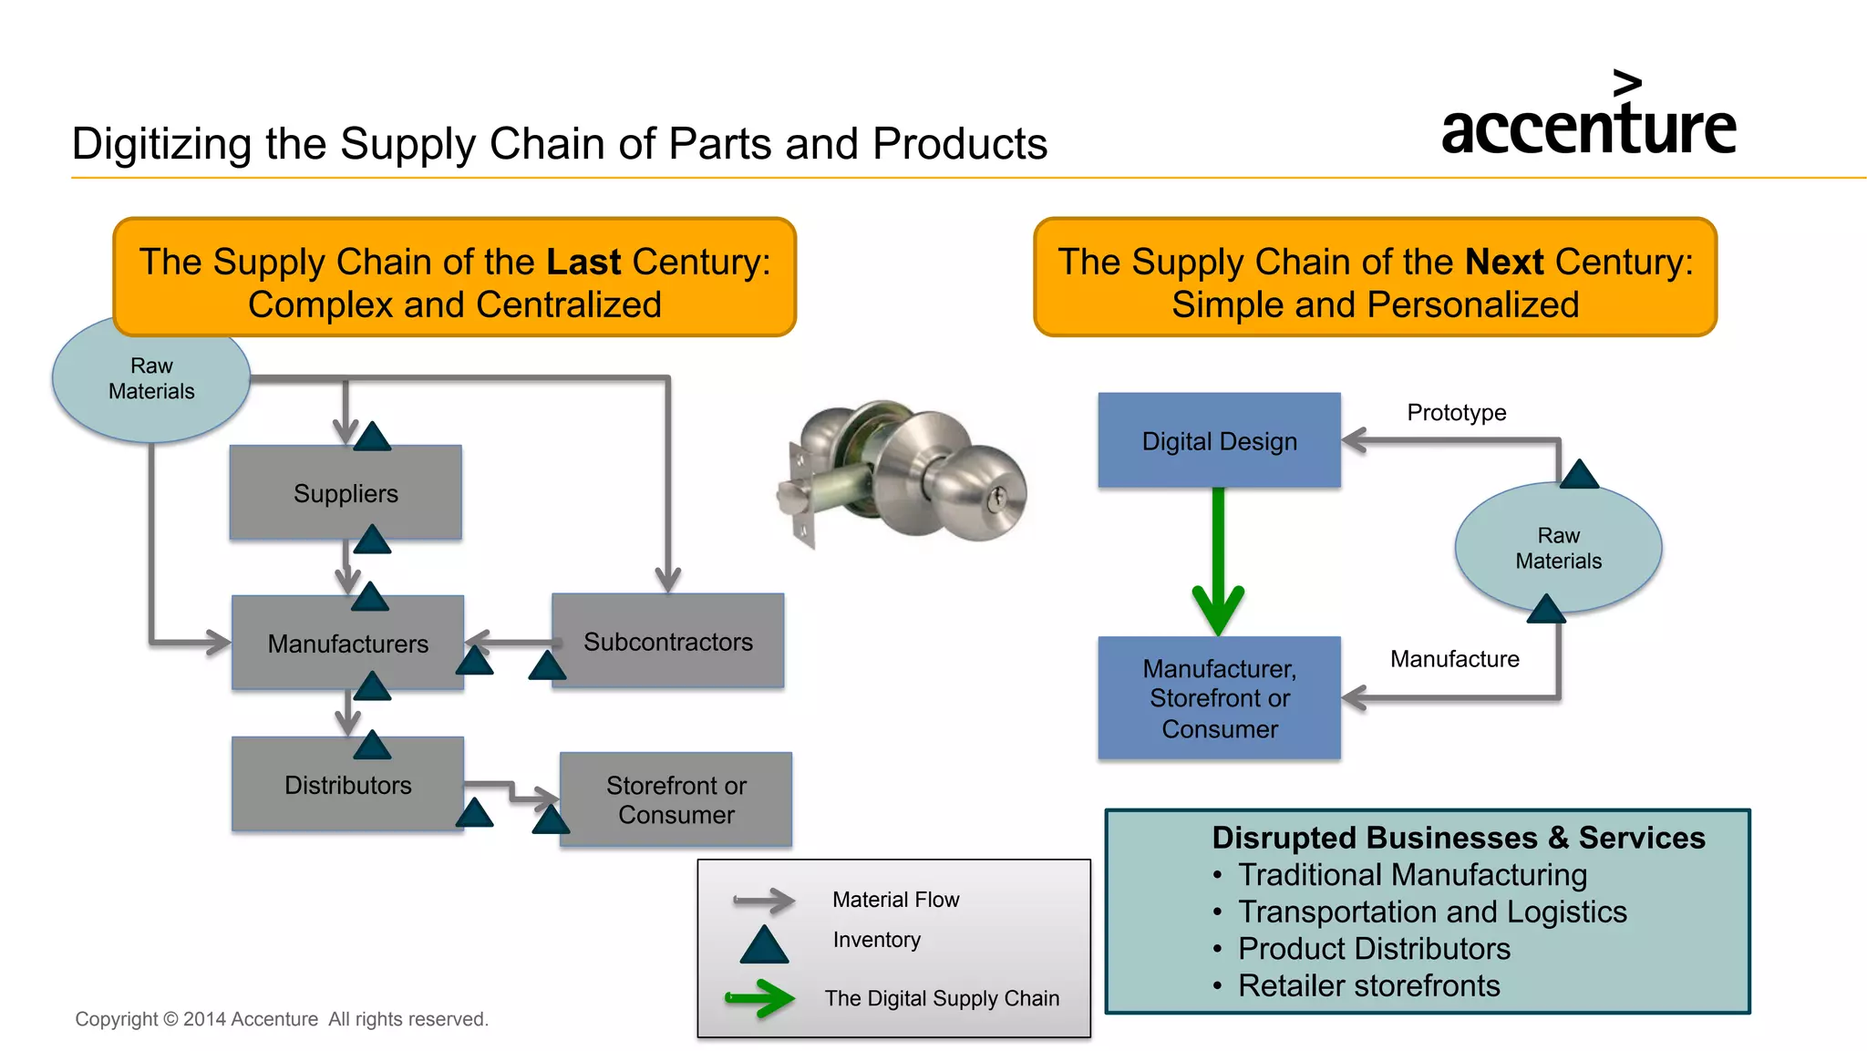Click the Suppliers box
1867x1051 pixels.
click(346, 493)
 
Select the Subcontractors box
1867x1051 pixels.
click(667, 641)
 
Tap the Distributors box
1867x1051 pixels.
click(347, 784)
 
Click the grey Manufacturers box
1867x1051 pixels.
click(347, 644)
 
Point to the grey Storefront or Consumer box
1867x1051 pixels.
click(676, 799)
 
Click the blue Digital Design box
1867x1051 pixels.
click(1219, 440)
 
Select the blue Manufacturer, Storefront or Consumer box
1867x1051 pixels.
click(1219, 698)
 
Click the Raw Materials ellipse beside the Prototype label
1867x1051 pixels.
click(1558, 548)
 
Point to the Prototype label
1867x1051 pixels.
click(1456, 412)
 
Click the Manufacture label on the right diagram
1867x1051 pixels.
click(1454, 658)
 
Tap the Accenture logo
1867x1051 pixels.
click(1588, 118)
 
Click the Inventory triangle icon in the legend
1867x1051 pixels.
click(764, 945)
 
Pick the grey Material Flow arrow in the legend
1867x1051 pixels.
click(764, 901)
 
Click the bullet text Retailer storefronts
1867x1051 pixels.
click(1367, 985)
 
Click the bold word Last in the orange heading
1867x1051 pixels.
click(583, 262)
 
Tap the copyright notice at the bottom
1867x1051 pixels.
click(282, 1019)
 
